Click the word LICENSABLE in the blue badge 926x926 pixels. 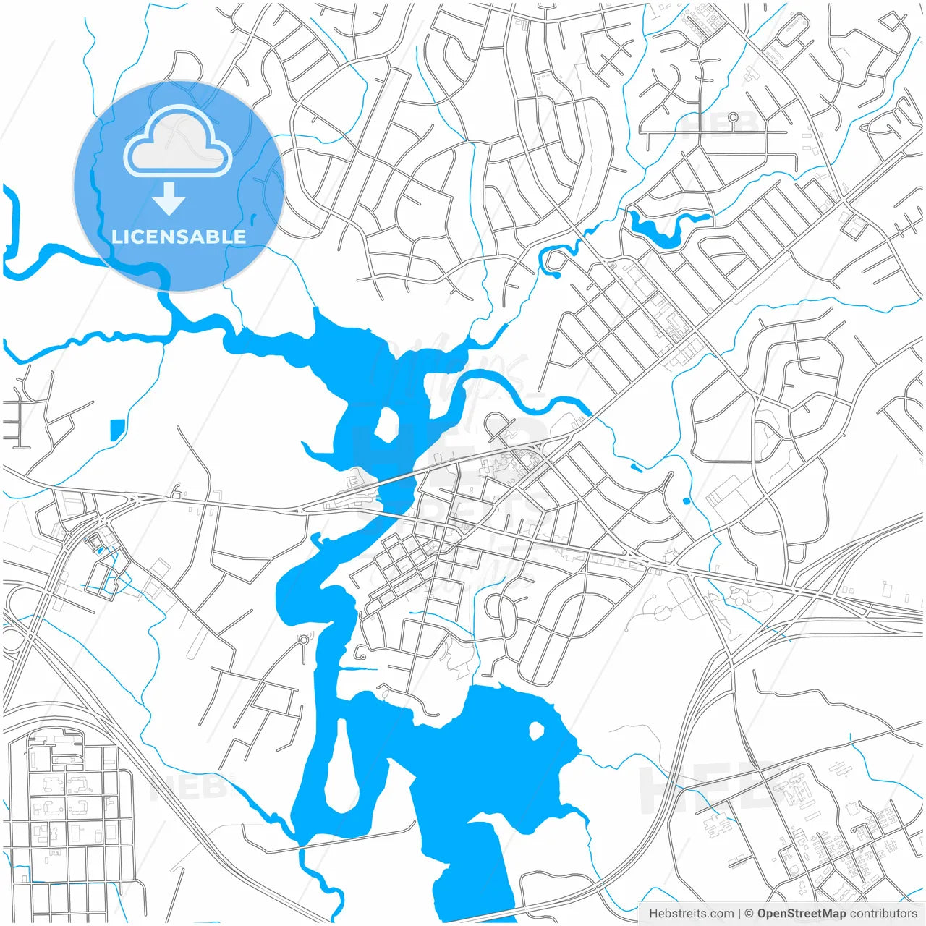coord(179,237)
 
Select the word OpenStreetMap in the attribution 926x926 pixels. coord(801,914)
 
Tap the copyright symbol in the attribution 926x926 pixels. coord(749,914)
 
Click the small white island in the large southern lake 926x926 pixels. coord(536,731)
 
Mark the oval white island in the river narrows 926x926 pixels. coord(385,425)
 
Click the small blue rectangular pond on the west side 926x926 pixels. coord(116,430)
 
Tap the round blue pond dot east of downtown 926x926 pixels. coord(686,501)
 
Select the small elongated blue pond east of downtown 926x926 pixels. coord(637,467)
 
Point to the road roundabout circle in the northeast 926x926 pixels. coord(733,117)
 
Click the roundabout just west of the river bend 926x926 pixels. coord(304,640)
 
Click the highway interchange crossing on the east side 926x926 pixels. coord(803,590)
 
